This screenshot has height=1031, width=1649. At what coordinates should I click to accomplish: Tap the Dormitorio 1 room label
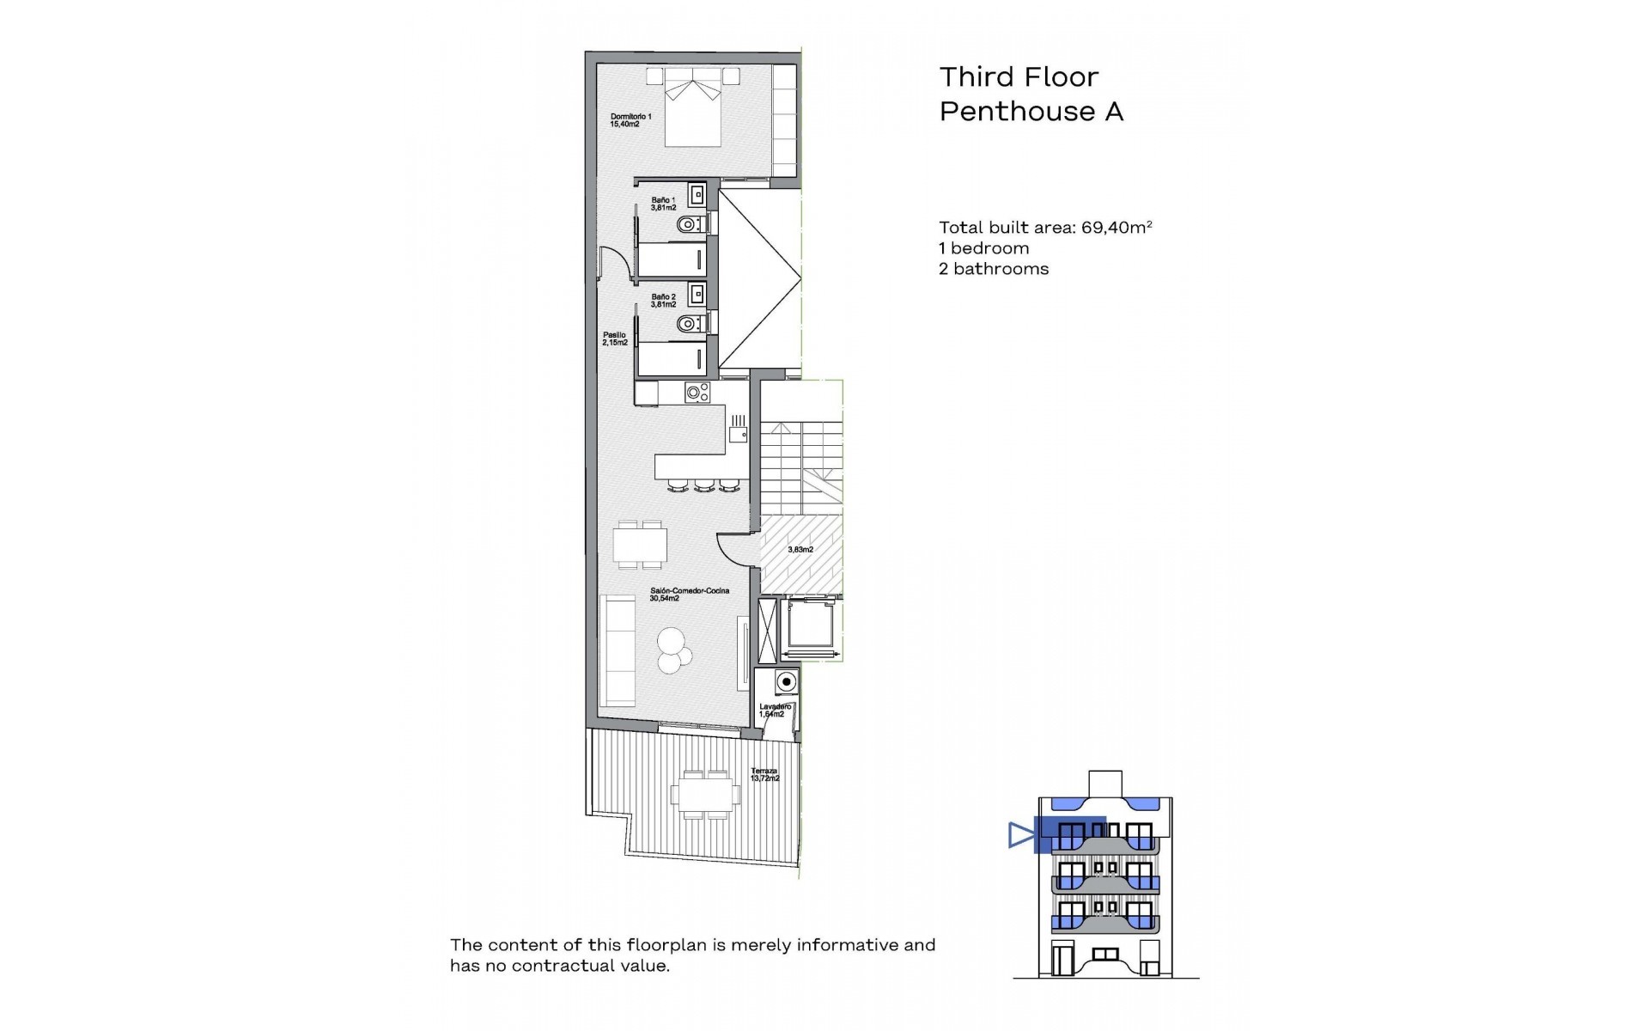630,120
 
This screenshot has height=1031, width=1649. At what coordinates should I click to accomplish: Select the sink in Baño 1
697,194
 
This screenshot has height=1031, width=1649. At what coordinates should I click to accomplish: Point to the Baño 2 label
663,301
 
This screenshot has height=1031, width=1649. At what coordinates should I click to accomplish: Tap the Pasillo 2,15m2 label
614,339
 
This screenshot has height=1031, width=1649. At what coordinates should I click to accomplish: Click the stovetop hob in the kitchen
697,393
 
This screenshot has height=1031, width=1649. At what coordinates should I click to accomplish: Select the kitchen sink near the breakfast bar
738,435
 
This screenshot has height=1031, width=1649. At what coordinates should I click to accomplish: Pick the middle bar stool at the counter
705,487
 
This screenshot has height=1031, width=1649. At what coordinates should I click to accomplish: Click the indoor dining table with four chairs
640,544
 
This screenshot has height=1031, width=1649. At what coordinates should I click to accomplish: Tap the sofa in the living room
617,651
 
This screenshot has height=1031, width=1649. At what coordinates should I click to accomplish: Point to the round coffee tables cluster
672,651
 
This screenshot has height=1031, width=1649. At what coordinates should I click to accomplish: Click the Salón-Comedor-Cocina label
678,595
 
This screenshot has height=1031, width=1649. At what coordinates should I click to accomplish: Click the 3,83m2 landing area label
800,550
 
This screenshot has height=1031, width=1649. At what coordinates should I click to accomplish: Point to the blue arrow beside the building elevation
1020,835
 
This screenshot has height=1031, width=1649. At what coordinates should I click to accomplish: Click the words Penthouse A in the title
1031,112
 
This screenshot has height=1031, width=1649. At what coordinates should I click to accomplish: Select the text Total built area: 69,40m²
1044,228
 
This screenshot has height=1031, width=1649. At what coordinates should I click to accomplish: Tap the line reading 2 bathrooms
994,269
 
